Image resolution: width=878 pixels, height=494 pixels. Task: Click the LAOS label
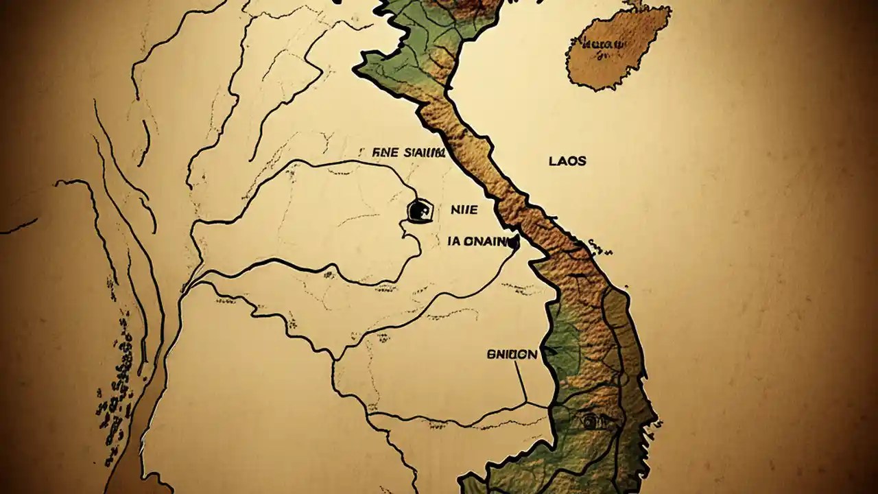[x=567, y=161]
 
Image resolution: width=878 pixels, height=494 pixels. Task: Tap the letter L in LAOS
[x=553, y=161]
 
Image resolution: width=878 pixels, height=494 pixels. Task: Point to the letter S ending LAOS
[x=582, y=161]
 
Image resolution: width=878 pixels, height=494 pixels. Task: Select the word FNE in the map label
[x=383, y=152]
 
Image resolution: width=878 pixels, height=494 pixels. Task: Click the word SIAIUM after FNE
[x=425, y=152]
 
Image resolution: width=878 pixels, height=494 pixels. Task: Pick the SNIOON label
[x=512, y=355]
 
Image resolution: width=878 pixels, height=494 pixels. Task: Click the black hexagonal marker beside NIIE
[x=420, y=211]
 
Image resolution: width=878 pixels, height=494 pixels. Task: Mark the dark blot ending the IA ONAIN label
[x=514, y=242]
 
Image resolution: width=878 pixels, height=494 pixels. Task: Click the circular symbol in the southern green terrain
[x=587, y=422]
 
